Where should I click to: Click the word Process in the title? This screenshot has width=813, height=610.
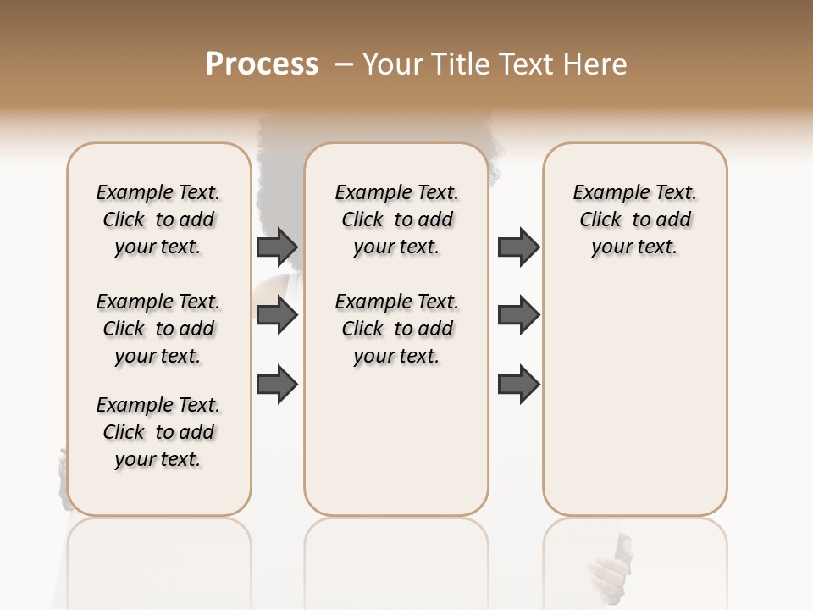(x=262, y=64)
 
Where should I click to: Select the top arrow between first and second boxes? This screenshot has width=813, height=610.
(x=277, y=247)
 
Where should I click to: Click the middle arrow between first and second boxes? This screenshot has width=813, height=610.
(x=277, y=315)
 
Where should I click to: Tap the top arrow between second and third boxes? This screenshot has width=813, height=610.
(x=518, y=247)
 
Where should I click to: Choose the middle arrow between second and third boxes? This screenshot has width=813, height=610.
(x=518, y=315)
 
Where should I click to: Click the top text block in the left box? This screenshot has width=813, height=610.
(x=158, y=219)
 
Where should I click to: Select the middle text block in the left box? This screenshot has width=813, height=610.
(x=158, y=329)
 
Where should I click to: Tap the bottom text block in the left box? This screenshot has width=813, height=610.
(x=158, y=432)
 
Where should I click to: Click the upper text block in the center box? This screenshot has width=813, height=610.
(x=397, y=219)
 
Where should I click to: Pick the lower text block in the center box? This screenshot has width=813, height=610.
(x=397, y=329)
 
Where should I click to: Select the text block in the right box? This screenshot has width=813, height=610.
(x=635, y=219)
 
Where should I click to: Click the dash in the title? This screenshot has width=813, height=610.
(x=344, y=64)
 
